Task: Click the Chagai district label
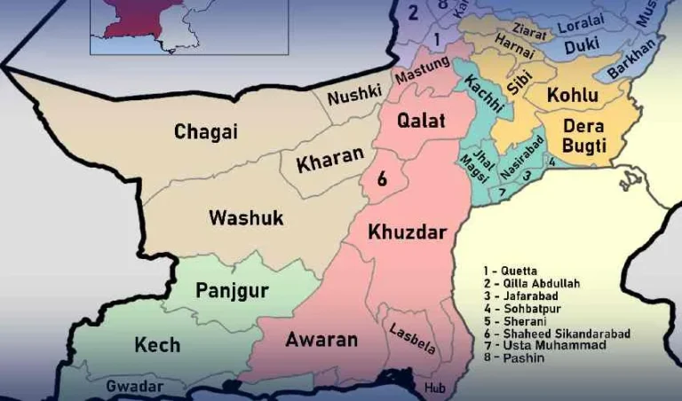coord(206,132)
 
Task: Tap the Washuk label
coord(246,217)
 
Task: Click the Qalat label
coord(421,121)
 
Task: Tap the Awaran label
coord(321,339)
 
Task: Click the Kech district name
coord(157,344)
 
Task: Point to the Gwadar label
coord(134,387)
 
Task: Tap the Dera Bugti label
coord(584,137)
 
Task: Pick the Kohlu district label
coord(572,95)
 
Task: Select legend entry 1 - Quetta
coord(512,270)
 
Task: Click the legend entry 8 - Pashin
coord(514,358)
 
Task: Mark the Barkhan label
coord(636,56)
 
